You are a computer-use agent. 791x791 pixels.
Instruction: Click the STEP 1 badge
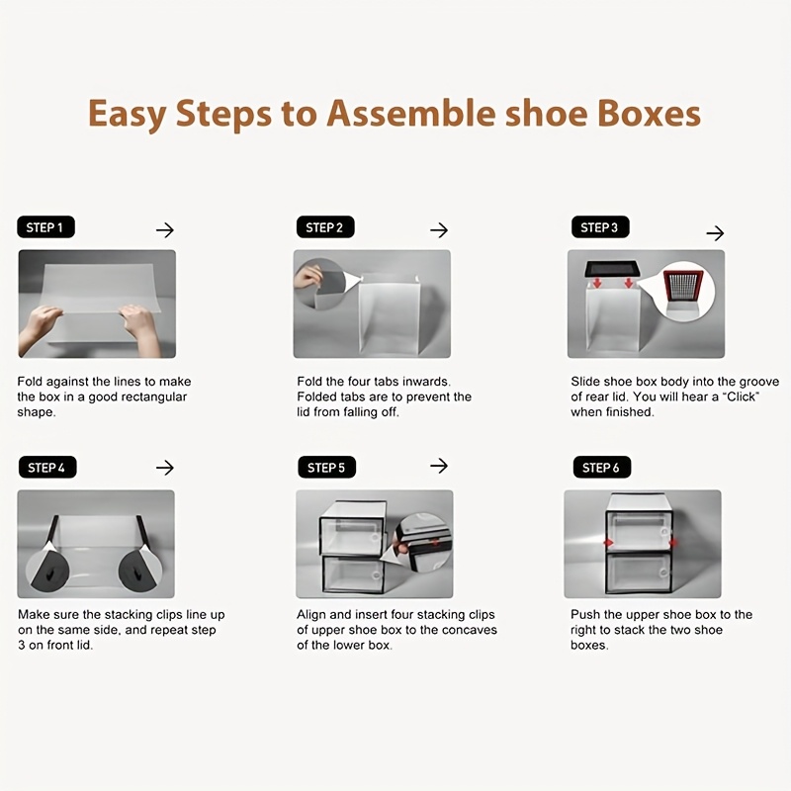pyautogui.click(x=45, y=227)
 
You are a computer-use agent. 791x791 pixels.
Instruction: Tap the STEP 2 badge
pyautogui.click(x=325, y=227)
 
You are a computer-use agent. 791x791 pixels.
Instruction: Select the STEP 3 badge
pyautogui.click(x=600, y=227)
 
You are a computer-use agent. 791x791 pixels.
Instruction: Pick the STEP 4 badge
pyautogui.click(x=47, y=467)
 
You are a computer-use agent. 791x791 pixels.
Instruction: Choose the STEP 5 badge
pyautogui.click(x=327, y=467)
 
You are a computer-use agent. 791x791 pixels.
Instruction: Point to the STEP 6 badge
pyautogui.click(x=602, y=467)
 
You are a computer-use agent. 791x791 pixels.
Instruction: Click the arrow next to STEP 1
pyautogui.click(x=165, y=230)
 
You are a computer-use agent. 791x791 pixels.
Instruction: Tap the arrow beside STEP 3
pyautogui.click(x=715, y=233)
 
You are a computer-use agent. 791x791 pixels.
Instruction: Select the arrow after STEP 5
pyautogui.click(x=439, y=465)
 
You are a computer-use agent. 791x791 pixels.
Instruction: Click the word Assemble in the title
pyautogui.click(x=410, y=113)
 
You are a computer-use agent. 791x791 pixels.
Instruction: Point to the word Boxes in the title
pyautogui.click(x=650, y=113)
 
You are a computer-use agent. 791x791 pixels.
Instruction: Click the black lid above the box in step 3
pyautogui.click(x=612, y=268)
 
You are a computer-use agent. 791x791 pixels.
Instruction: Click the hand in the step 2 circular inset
pyautogui.click(x=308, y=277)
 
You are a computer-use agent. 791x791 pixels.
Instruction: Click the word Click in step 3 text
pyautogui.click(x=741, y=396)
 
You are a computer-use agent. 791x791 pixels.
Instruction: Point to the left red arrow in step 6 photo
pyautogui.click(x=609, y=543)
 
